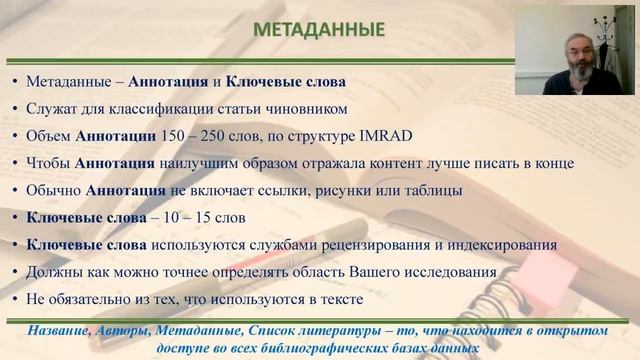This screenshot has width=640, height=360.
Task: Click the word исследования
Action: pos(450,272)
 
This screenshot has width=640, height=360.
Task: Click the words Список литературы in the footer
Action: pos(321,330)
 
